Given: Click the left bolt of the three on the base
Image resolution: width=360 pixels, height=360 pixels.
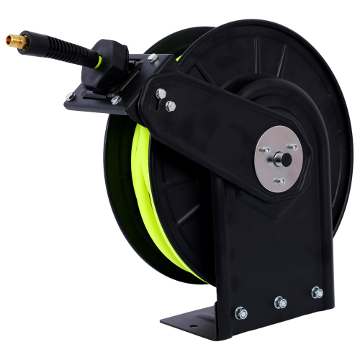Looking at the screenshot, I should (240, 313).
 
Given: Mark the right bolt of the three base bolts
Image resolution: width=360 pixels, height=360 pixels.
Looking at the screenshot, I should (316, 292).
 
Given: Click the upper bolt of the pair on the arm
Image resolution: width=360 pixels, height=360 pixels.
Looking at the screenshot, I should (161, 93).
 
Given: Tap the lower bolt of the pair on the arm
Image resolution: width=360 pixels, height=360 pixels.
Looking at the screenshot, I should (170, 106).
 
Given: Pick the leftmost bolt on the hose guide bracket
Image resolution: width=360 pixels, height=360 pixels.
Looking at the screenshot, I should (70, 96).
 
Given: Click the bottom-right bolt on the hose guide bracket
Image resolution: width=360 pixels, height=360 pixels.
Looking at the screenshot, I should (115, 100).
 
